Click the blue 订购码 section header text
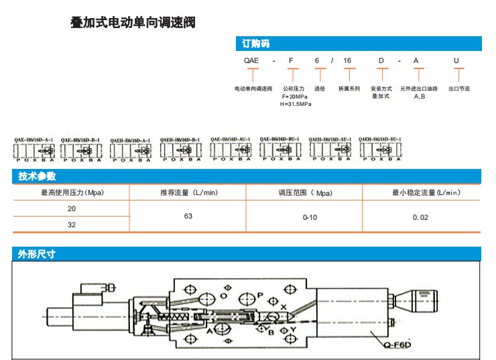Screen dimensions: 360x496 (255, 44)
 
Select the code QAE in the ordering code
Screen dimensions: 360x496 (251, 61)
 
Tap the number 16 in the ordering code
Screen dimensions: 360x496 (347, 61)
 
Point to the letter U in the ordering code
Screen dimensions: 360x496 (456, 61)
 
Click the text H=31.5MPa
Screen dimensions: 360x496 (296, 104)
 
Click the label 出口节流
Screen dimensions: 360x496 (458, 88)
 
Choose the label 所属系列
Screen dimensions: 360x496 (349, 88)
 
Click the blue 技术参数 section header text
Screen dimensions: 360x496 (38, 176)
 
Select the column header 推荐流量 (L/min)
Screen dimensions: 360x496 (189, 193)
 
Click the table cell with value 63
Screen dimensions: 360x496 (188, 217)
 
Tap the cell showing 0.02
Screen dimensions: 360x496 (420, 217)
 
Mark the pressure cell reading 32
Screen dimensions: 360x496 (72, 225)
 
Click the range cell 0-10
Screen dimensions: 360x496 (310, 217)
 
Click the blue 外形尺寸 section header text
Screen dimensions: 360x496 (37, 254)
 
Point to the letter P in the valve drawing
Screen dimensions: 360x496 (260, 295)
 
